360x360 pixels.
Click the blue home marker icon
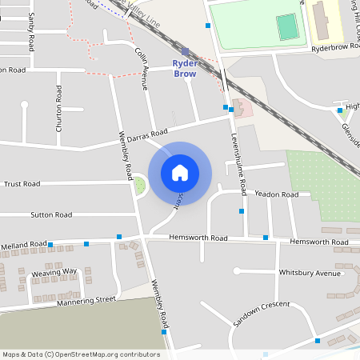click(180, 172)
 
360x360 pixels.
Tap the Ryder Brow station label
click(186, 68)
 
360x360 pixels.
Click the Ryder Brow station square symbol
click(186, 51)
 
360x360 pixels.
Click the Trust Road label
click(22, 184)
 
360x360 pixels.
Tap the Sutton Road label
click(51, 214)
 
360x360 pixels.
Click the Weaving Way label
click(54, 272)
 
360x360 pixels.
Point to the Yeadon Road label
click(276, 194)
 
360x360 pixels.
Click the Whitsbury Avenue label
click(310, 273)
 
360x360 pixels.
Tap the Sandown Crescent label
click(261, 314)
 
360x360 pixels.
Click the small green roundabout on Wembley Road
click(139, 186)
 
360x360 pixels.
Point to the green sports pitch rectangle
click(286, 28)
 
